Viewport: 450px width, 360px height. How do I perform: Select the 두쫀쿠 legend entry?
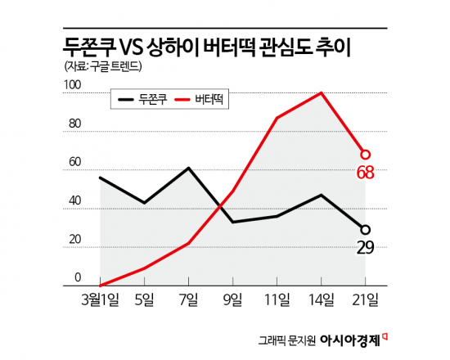click(x=143, y=101)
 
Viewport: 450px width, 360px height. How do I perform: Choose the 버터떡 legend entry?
click(x=200, y=101)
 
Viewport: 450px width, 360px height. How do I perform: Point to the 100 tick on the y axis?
click(x=73, y=84)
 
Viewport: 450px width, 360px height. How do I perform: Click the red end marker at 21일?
click(x=366, y=154)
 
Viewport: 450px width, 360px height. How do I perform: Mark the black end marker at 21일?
click(x=366, y=230)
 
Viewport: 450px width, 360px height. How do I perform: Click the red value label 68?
click(x=366, y=173)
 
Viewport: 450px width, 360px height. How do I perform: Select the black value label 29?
click(x=366, y=248)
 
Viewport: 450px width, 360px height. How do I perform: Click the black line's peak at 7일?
click(x=189, y=169)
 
